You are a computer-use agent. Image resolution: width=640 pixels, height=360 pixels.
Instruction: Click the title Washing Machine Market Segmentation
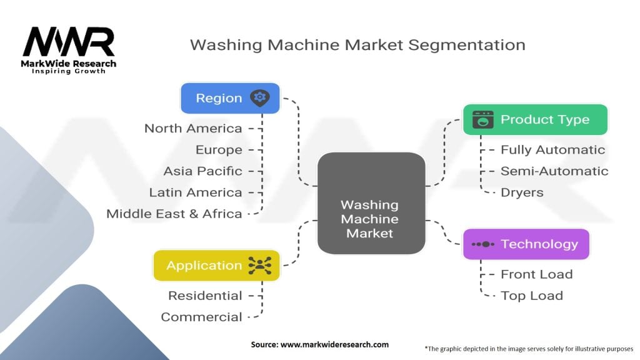coord(357,45)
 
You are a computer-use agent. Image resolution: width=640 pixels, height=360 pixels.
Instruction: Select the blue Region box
coord(230,98)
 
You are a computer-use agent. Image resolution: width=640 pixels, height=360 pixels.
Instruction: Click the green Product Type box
coord(534,119)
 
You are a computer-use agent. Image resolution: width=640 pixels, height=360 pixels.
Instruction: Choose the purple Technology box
coord(526,244)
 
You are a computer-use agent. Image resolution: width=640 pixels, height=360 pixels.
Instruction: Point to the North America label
coord(193,128)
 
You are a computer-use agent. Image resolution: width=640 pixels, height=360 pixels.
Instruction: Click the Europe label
coord(219,149)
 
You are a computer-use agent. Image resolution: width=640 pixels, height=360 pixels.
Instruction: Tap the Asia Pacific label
coord(202,171)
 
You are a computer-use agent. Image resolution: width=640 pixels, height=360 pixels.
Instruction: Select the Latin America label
coord(196,192)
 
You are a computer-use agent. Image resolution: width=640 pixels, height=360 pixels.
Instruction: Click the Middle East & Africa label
coord(174,213)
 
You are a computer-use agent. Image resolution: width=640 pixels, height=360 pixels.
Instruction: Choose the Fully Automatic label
coord(552,149)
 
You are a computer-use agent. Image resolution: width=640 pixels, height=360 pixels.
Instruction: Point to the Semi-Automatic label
coord(554,171)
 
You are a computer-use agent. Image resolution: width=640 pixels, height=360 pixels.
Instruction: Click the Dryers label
coord(522,192)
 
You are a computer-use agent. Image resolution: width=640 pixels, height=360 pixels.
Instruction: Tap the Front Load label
coord(536,274)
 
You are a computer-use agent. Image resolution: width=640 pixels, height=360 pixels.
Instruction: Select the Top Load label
coord(532,295)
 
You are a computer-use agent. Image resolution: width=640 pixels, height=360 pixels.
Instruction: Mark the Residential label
coord(205,295)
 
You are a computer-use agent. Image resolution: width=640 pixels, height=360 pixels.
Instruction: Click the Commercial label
coord(201,316)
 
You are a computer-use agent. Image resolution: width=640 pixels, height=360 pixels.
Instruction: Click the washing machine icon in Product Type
coord(482,119)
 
